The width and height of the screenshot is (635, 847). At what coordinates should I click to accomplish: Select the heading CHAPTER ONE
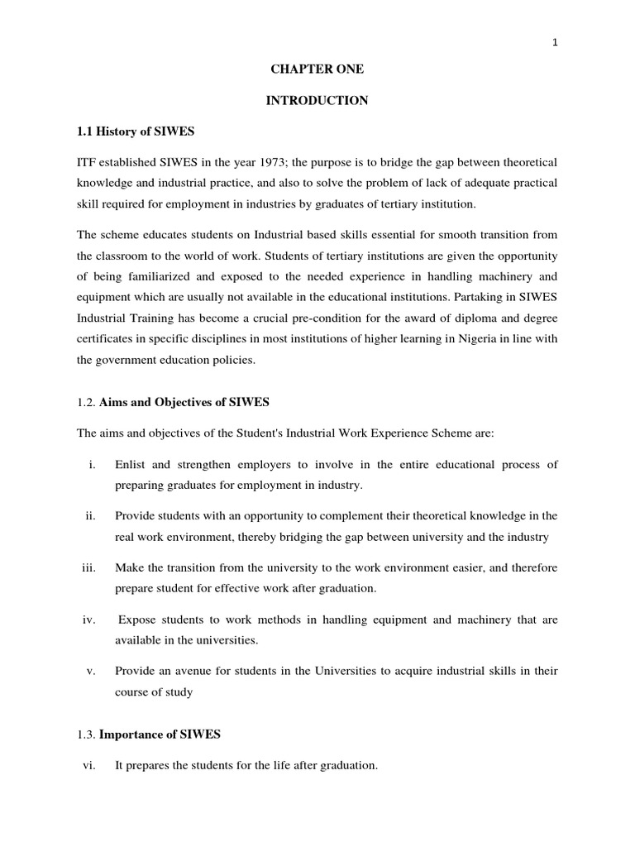(x=317, y=70)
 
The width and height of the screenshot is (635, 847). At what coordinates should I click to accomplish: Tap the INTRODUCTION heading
(x=317, y=101)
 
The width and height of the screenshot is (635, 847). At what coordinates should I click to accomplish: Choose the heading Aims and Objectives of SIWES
(x=185, y=402)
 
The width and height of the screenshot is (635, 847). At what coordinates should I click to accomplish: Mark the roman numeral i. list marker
(x=91, y=465)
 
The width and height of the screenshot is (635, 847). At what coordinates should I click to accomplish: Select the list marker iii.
(x=89, y=567)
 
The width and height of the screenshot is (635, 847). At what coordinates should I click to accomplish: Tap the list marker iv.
(x=89, y=619)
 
